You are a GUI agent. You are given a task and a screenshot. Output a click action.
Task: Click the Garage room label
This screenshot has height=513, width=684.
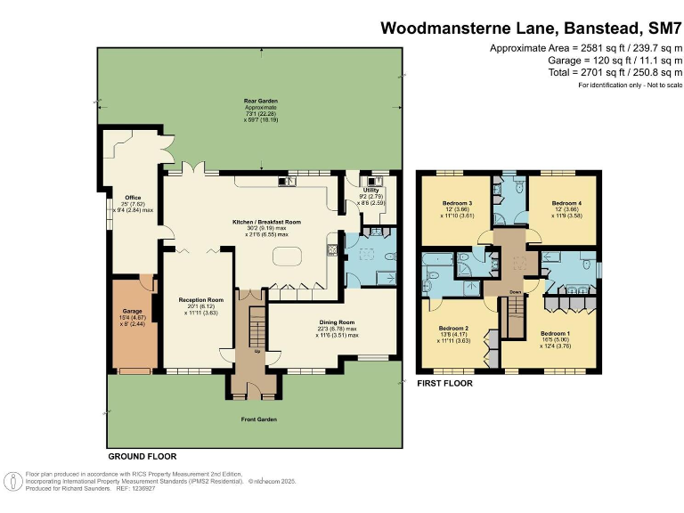point(119,312)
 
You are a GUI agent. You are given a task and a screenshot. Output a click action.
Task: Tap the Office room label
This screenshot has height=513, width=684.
point(118,199)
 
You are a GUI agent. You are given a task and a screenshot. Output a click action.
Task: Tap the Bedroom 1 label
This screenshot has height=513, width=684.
point(557,335)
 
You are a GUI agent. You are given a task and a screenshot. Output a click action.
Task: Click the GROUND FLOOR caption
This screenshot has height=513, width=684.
point(142,455)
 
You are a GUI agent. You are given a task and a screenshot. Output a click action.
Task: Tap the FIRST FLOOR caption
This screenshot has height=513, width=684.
point(445,384)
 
